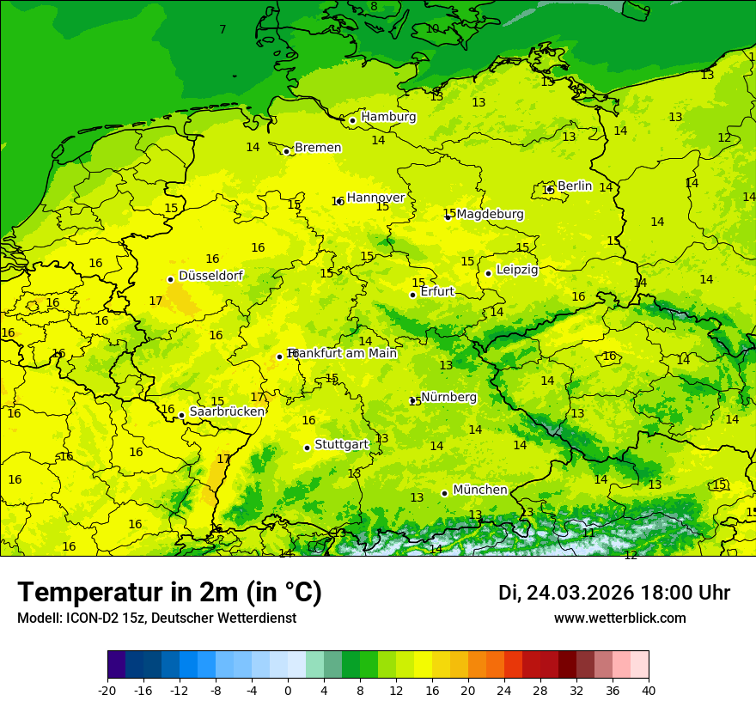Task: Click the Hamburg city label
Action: tap(388, 117)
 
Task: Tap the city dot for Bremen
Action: tap(287, 151)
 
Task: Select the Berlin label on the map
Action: tap(575, 186)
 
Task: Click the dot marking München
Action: tap(444, 493)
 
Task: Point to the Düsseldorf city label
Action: tap(210, 276)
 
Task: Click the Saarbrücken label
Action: tap(227, 411)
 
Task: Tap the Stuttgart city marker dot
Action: tap(307, 448)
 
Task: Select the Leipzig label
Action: tap(517, 270)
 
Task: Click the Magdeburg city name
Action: tap(490, 214)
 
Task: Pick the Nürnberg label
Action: tap(448, 397)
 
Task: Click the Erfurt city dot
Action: tap(412, 295)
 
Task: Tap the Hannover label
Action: tap(375, 198)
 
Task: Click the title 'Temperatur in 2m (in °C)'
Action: tap(170, 592)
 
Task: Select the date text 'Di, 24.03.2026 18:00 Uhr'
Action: tap(614, 593)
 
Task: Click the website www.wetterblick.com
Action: tap(619, 618)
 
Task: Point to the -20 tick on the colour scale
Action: tap(107, 690)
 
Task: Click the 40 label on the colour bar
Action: tap(648, 690)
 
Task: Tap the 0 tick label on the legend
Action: tap(288, 690)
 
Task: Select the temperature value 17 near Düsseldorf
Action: tap(155, 301)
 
